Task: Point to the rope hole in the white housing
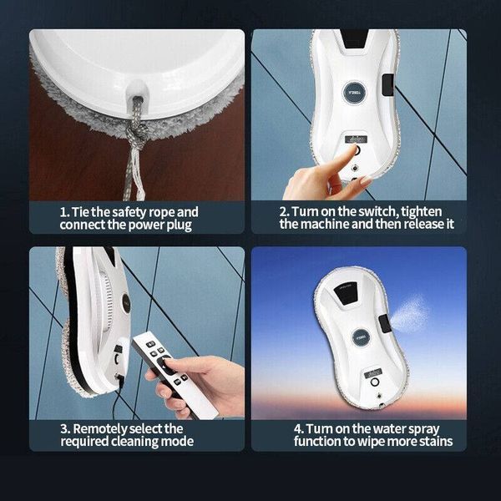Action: point(137,94)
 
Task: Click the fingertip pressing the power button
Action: point(353,149)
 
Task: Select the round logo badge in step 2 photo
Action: point(354,93)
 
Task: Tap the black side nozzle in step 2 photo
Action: point(388,85)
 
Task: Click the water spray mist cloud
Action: point(411,315)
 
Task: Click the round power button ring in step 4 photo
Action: point(375,382)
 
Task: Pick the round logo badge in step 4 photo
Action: point(361,337)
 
